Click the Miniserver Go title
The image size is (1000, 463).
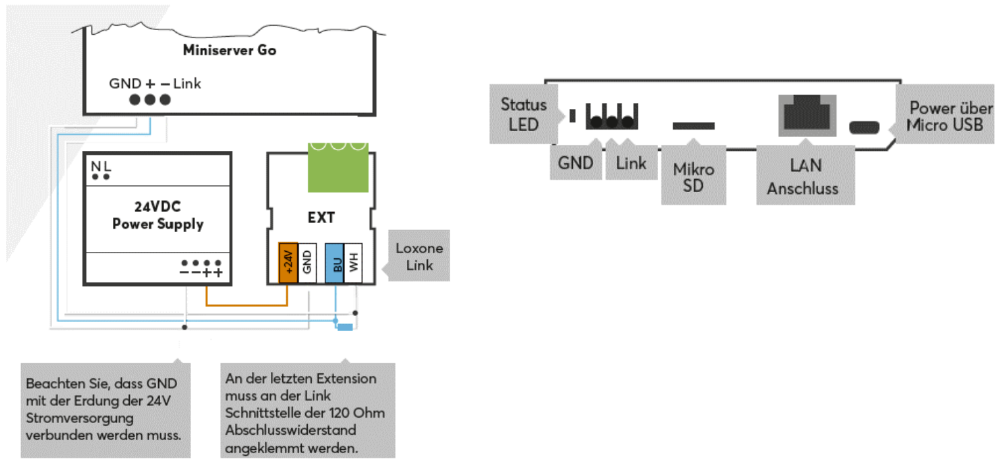[x=230, y=50]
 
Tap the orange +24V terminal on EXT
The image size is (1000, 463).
[x=289, y=264]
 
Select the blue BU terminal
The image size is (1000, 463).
[x=335, y=264]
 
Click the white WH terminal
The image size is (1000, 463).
[x=354, y=264]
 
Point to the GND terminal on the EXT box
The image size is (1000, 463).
[x=307, y=264]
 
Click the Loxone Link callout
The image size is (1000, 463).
[x=419, y=256]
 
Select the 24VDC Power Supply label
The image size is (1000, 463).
[x=157, y=215]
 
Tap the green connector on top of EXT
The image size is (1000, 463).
[x=338, y=167]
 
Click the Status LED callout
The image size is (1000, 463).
[x=523, y=113]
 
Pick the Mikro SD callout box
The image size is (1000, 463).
[x=693, y=177]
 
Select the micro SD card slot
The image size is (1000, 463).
[x=694, y=125]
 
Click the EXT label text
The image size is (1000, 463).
[x=321, y=218]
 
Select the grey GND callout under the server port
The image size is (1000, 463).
[x=575, y=163]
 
